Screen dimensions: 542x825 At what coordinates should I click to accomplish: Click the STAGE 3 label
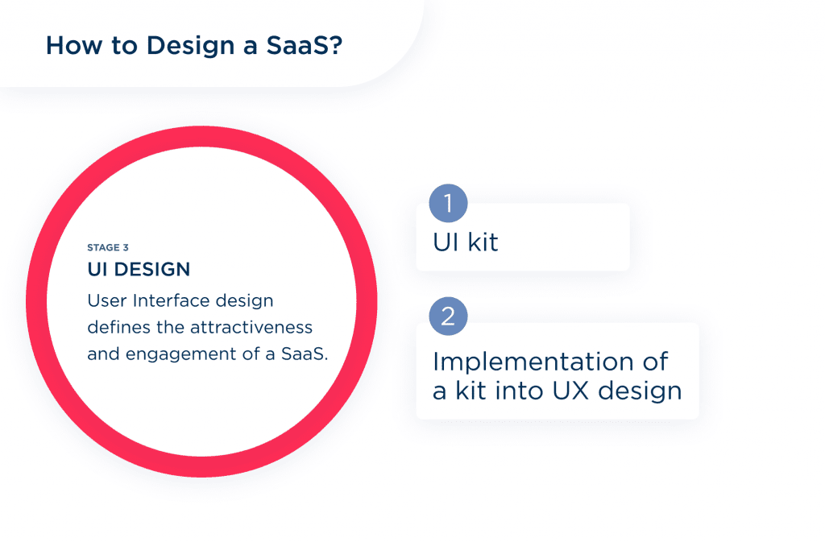coord(107,247)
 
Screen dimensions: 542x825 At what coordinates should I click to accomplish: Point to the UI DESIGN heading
coord(139,269)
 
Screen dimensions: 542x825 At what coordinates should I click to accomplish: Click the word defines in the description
coord(114,328)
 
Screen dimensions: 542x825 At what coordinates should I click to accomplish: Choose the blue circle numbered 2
coord(449,317)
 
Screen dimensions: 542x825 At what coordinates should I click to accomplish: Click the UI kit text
coord(466,241)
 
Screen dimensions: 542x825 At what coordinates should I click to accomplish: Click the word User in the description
coord(106,301)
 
